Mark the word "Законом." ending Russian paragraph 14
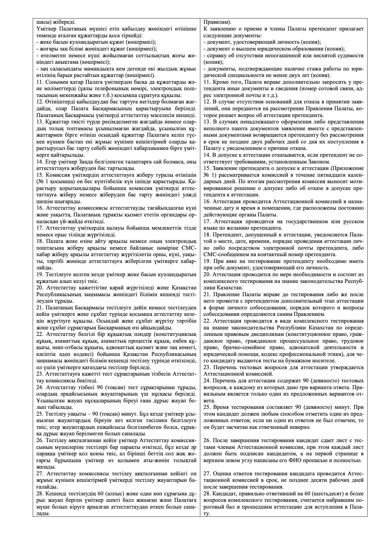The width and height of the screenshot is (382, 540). (321, 162)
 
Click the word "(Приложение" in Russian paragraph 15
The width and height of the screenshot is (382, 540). (349, 168)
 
